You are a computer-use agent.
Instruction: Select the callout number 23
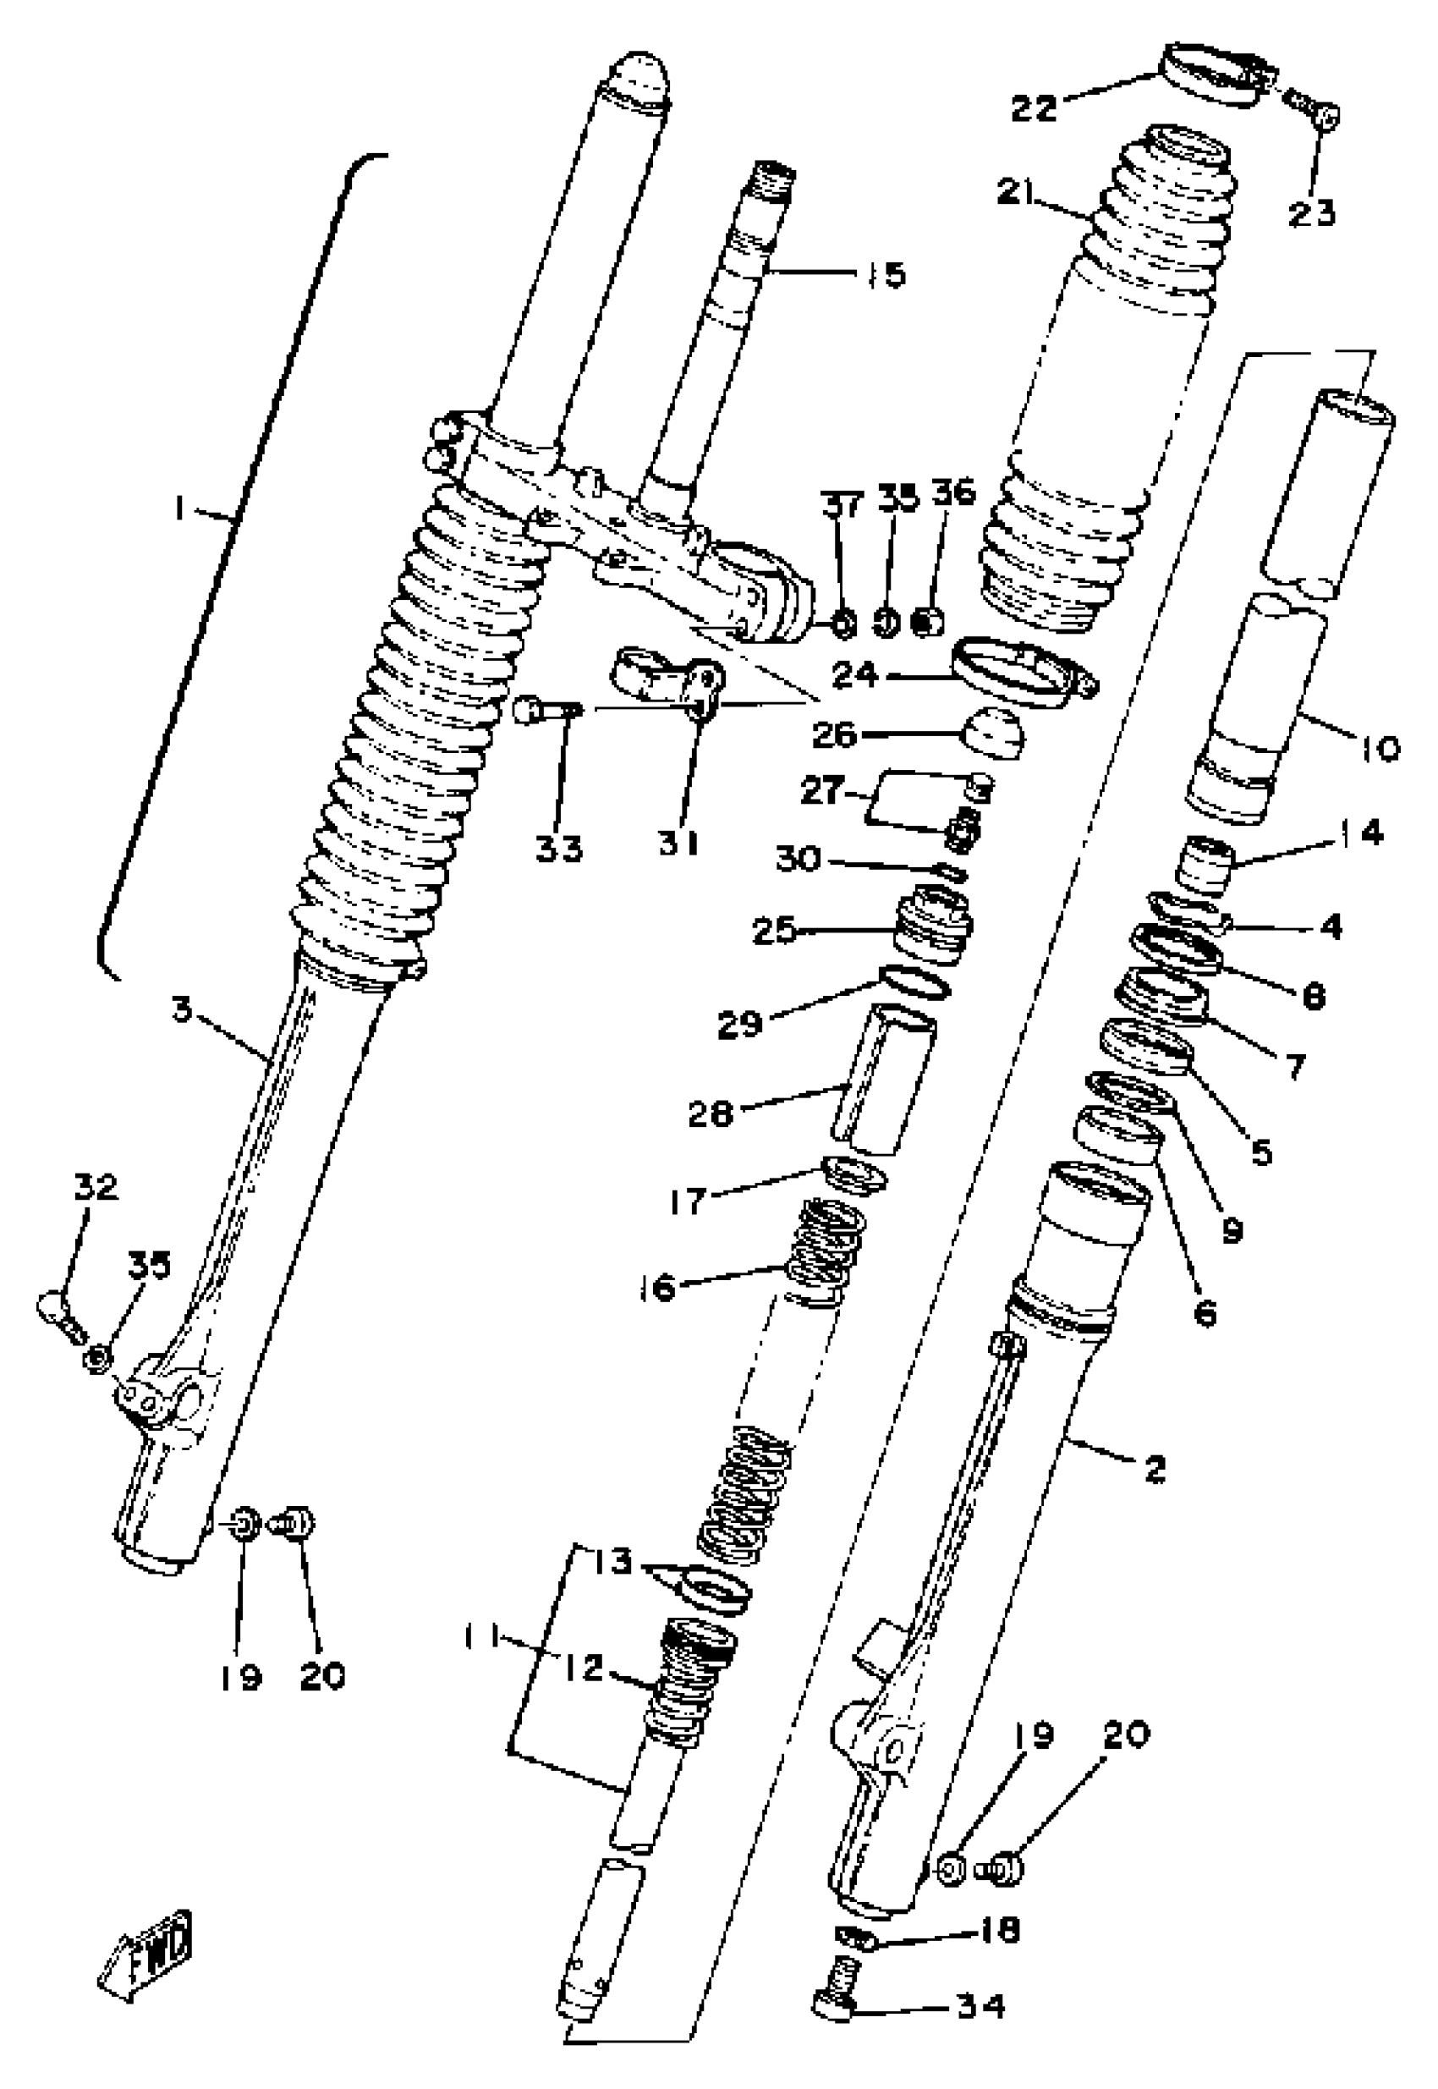(1311, 213)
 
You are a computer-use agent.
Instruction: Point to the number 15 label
(881, 275)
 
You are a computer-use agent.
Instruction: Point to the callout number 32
(96, 1188)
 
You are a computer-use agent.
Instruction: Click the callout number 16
(659, 1287)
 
